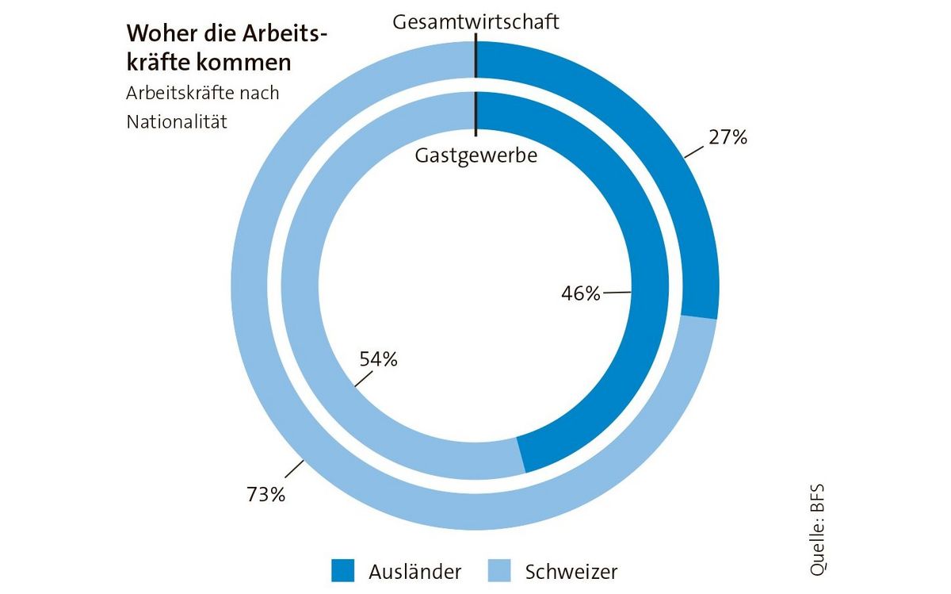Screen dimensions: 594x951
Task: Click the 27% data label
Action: coord(728,137)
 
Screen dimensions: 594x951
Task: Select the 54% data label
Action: coord(378,359)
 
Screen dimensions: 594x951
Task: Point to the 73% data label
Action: coord(265,495)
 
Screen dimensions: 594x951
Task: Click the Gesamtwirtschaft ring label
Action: coord(476,21)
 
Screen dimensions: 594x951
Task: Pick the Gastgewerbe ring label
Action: coord(476,155)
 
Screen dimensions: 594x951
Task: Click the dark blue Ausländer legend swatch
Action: coord(343,569)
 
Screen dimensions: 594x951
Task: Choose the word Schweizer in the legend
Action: coord(571,570)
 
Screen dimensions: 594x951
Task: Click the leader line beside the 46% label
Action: coord(617,293)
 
